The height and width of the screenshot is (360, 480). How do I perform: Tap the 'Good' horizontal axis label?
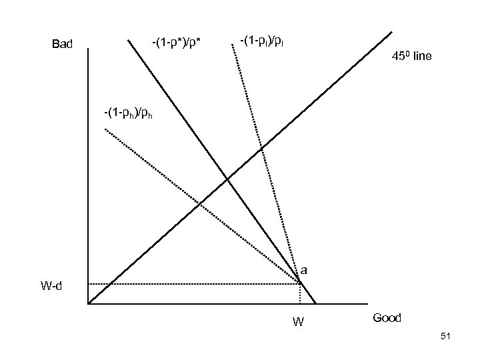pyautogui.click(x=387, y=318)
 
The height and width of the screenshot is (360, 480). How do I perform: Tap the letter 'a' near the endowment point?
pyautogui.click(x=303, y=270)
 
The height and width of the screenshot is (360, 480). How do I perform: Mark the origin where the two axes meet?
pyautogui.click(x=88, y=304)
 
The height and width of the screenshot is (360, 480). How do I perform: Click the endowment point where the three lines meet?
pyautogui.click(x=301, y=284)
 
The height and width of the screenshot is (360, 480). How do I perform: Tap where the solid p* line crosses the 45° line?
pyautogui.click(x=227, y=178)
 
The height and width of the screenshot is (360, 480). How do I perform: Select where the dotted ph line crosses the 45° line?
pyautogui.click(x=199, y=203)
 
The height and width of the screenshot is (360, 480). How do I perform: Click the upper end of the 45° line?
pyautogui.click(x=392, y=31)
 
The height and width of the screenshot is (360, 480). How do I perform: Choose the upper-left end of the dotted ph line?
pyautogui.click(x=105, y=128)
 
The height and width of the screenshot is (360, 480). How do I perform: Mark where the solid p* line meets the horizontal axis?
pyautogui.click(x=315, y=304)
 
